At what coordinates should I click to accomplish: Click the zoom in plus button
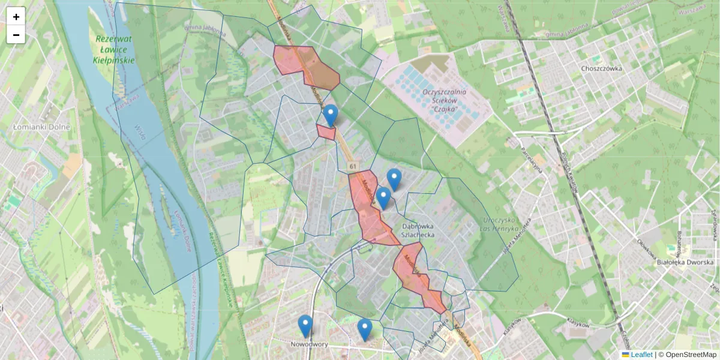[16, 17]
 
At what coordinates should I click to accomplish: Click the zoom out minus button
[16, 35]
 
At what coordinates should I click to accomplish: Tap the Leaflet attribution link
[641, 355]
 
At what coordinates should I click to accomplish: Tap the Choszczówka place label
[601, 68]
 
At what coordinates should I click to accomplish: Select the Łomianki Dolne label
[41, 127]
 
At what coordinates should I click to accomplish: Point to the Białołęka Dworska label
[684, 262]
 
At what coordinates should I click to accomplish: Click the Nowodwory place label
[309, 344]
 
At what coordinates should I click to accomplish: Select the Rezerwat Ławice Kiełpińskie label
[115, 50]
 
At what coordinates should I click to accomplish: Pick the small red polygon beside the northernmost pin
[326, 132]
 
